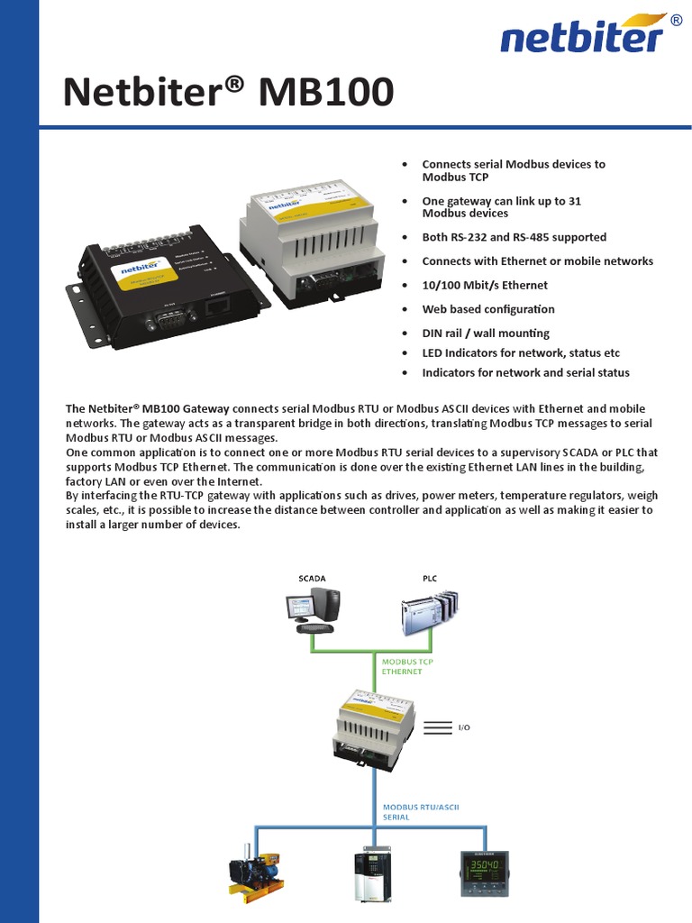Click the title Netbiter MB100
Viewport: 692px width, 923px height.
click(x=229, y=92)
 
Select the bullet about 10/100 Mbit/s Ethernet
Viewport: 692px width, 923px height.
click(x=485, y=285)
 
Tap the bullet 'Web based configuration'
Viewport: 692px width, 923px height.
click(x=488, y=309)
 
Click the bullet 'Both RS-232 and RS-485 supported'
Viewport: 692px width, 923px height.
click(x=514, y=237)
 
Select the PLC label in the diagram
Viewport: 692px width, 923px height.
click(x=429, y=577)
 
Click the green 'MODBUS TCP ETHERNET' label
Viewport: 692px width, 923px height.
click(x=407, y=666)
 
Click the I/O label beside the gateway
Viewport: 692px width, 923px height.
click(x=465, y=727)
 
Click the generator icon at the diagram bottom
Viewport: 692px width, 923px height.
click(x=254, y=873)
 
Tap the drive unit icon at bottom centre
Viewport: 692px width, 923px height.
click(x=372, y=873)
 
